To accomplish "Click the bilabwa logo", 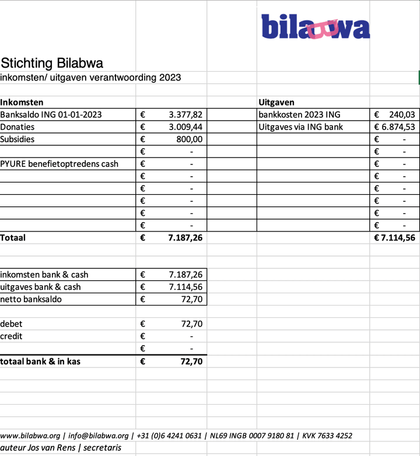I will point(315,27).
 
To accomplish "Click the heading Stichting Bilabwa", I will point(52,63).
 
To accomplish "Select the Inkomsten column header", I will point(22,103).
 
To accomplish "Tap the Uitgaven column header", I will point(276,103).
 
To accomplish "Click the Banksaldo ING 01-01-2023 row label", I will point(51,115).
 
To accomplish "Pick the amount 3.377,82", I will point(185,115).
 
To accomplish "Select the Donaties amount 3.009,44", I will point(185,127).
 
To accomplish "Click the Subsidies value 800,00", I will point(190,139).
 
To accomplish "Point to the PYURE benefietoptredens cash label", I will point(59,164).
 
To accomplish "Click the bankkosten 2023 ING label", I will point(299,115).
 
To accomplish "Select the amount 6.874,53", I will point(398,127).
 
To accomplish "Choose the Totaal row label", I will point(13,238).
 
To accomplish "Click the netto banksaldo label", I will point(31,300).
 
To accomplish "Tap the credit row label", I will point(12,336).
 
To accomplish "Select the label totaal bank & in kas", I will point(40,362).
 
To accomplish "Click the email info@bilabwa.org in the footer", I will point(98,436).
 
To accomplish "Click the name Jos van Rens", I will point(54,448).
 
